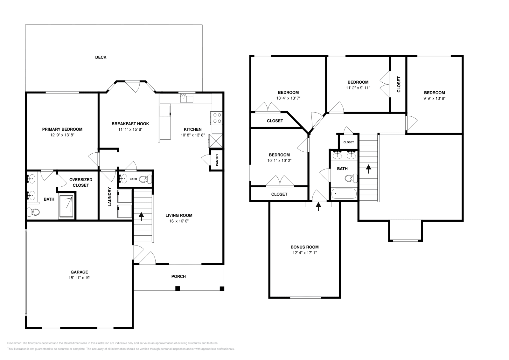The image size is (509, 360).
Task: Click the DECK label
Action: (x=101, y=57)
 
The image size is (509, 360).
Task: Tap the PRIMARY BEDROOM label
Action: (x=62, y=129)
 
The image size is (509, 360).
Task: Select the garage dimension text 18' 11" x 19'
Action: (x=79, y=278)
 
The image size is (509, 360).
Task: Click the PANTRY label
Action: (x=217, y=160)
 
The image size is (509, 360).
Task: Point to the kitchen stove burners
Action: (x=217, y=118)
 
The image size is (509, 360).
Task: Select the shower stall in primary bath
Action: (x=66, y=207)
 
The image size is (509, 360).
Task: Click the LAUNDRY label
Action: (x=109, y=197)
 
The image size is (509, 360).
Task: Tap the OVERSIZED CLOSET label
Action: (x=81, y=183)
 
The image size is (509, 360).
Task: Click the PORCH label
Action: (x=178, y=276)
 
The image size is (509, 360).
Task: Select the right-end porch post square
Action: (x=222, y=289)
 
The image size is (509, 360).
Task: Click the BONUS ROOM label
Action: (x=304, y=247)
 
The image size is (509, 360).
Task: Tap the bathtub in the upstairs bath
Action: (x=344, y=194)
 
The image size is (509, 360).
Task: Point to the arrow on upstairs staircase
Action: (x=369, y=169)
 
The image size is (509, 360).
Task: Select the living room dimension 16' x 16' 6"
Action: (x=181, y=221)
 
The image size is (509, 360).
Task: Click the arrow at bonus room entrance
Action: (x=318, y=207)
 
